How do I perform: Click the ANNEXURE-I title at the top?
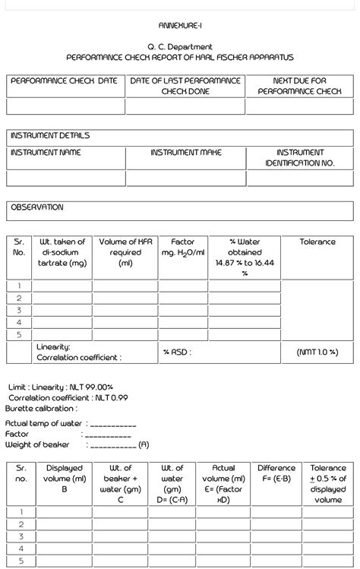pos(180,26)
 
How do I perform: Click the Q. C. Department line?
pos(180,47)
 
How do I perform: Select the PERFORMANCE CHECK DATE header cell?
pos(65,81)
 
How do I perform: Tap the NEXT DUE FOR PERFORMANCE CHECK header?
pos(299,86)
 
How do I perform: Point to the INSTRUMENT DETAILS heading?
pos(50,136)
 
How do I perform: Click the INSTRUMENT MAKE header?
pos(186,153)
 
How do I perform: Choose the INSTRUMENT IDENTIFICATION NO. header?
pos(299,158)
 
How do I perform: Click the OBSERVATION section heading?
pos(37,207)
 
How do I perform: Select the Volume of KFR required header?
pos(125,252)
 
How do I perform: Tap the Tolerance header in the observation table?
pos(317,242)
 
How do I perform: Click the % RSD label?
pos(177,352)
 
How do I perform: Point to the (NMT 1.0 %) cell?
pos(317,352)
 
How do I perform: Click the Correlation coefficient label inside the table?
pos(78,357)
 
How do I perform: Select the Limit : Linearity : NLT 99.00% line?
pos(61,387)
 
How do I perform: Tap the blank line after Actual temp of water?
pos(113,424)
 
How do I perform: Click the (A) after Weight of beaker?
pos(144,445)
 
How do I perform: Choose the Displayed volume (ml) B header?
pos(65,479)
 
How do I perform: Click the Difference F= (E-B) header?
pos(276,473)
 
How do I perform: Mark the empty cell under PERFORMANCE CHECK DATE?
pos(65,106)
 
